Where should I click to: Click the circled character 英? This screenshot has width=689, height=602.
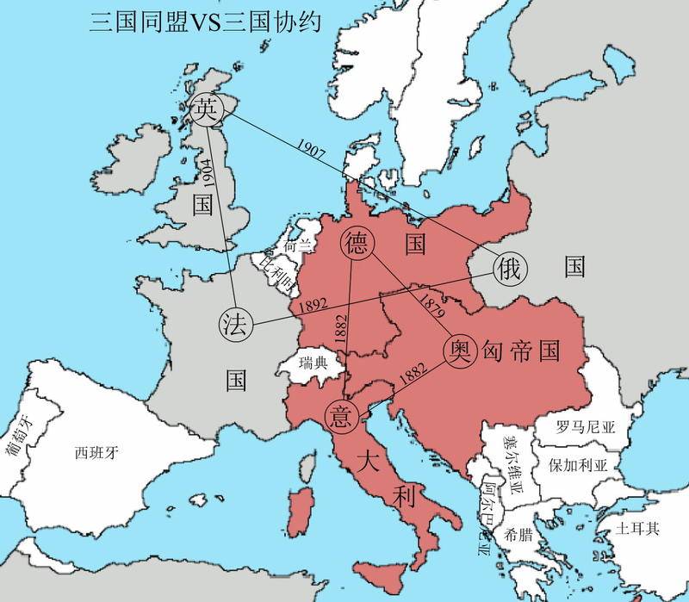point(205,109)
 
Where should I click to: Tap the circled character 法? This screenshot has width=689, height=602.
point(234,325)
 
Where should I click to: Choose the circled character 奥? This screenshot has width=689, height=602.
point(458,350)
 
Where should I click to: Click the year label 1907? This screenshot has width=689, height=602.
point(308,147)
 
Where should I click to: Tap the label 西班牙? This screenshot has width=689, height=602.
point(96,451)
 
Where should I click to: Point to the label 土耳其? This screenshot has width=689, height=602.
point(638,524)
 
